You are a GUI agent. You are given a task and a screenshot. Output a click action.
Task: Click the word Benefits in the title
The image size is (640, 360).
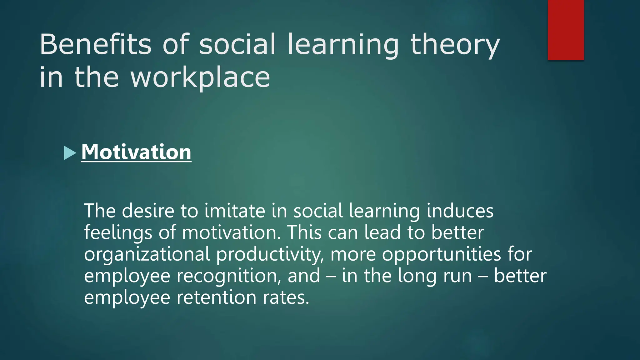click(95, 44)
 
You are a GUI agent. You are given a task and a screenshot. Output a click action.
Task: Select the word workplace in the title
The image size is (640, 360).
click(200, 78)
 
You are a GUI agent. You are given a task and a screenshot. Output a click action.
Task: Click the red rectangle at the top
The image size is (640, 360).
click(566, 30)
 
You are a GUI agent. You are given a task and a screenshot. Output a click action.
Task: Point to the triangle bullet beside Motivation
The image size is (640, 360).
click(70, 153)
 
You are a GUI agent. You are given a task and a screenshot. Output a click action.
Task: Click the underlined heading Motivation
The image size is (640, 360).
click(136, 152)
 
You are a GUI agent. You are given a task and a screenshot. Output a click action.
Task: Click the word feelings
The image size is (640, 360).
click(118, 233)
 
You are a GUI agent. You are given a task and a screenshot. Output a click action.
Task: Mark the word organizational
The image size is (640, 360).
click(147, 254)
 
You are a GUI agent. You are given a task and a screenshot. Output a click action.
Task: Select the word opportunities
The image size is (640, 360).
click(442, 254)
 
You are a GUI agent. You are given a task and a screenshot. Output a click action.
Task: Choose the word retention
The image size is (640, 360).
click(217, 297)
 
